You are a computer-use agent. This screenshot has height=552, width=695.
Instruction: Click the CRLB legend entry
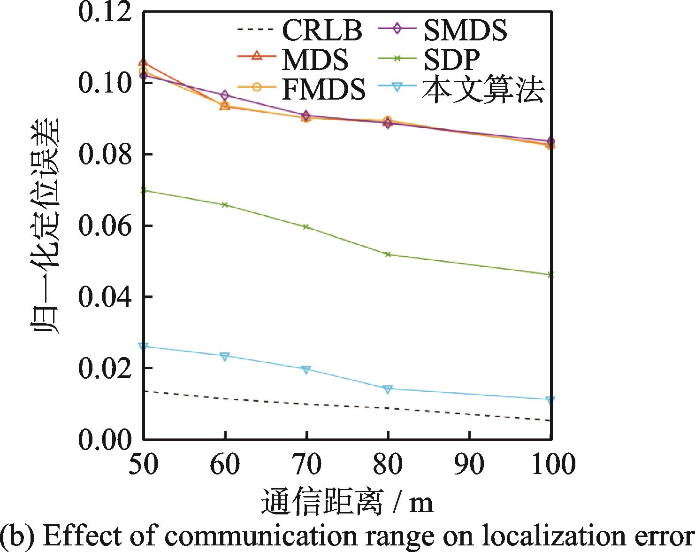322,30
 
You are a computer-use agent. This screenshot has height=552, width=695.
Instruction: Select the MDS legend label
315,60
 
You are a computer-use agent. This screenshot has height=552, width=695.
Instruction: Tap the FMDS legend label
324,89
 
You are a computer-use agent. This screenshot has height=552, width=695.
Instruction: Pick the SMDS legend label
465,30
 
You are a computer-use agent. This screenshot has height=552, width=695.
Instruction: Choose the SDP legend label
451,59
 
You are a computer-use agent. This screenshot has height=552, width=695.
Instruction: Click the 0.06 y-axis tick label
105,225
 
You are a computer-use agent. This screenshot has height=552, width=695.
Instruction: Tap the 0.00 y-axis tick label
105,439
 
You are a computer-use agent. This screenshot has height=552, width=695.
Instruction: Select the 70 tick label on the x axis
306,464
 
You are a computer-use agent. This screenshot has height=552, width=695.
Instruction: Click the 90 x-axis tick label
469,464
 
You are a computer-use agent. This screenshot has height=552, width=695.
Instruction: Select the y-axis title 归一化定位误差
45,225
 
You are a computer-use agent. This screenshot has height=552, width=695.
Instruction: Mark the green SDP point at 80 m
388,255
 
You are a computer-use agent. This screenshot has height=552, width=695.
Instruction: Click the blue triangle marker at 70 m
306,369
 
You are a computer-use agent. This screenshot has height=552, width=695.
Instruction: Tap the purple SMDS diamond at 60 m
225,95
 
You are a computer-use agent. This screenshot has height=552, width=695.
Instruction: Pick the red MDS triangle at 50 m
143,63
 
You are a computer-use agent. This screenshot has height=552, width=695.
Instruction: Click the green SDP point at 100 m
550,275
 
